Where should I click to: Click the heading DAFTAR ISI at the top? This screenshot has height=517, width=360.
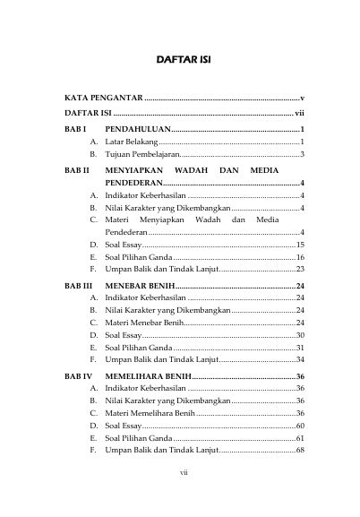pyautogui.click(x=182, y=59)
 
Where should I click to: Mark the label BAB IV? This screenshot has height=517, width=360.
pyautogui.click(x=78, y=376)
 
